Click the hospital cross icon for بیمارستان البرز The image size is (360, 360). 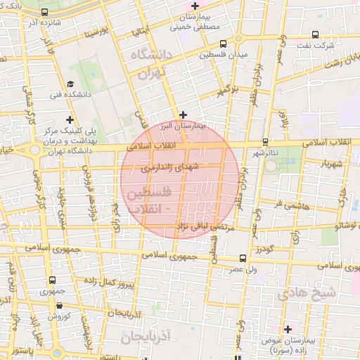coord(183,114)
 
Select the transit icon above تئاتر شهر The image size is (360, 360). coord(264,141)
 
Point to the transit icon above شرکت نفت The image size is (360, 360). coord(315,34)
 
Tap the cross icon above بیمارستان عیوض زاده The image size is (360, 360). coord(287,328)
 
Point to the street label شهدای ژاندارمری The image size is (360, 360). coord(170,168)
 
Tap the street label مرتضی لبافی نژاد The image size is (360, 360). coord(186,225)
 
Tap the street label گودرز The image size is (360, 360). coord(264,249)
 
